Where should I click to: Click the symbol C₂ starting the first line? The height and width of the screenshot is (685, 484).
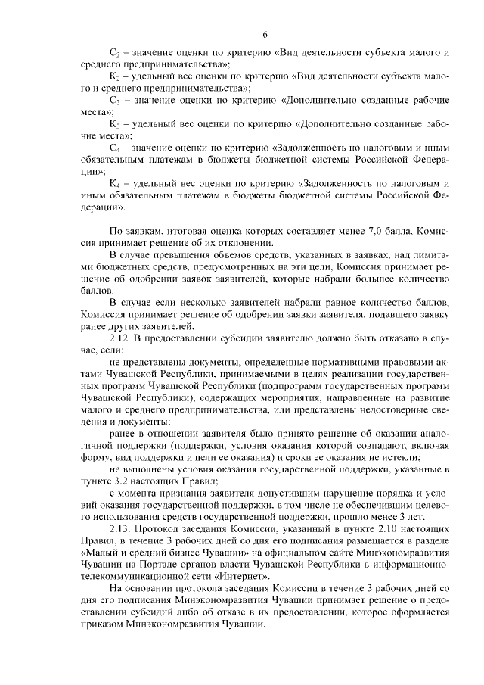pyautogui.click(x=115, y=53)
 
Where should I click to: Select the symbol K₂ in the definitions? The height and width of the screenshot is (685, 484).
pyautogui.click(x=115, y=76)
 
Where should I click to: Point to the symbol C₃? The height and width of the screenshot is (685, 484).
pyautogui.click(x=115, y=100)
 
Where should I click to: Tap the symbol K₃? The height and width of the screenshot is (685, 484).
pyautogui.click(x=115, y=123)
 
